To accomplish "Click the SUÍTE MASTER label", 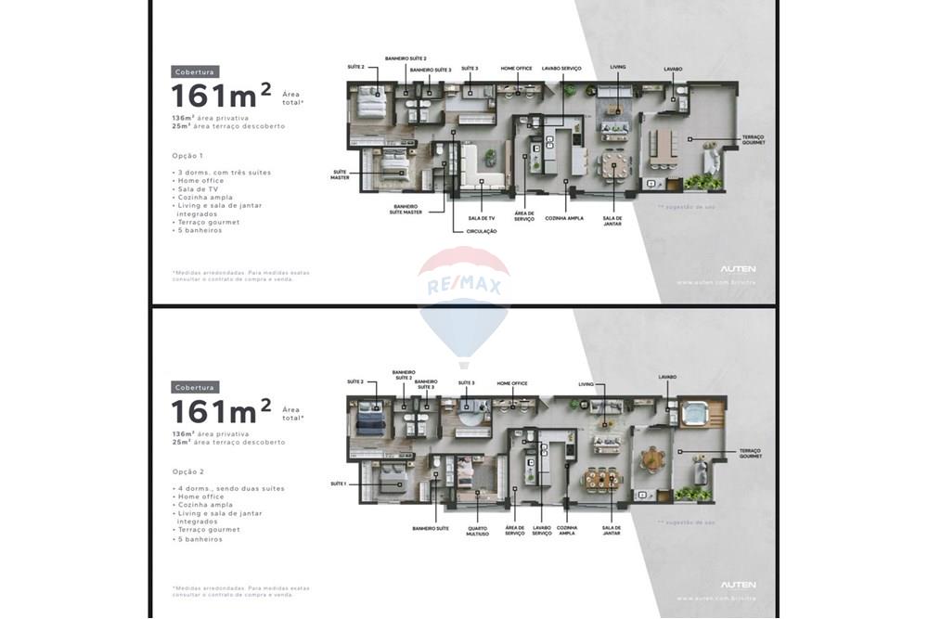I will point(341,174).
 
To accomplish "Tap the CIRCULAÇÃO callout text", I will point(481,231).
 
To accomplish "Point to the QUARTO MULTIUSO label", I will point(477,531).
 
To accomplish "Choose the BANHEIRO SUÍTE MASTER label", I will point(406,209).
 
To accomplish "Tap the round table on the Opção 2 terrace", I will point(654,458).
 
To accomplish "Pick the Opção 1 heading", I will point(187,156).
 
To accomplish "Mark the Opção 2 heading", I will point(187,471).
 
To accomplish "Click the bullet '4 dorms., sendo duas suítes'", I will point(230,488).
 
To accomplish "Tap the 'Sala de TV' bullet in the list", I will point(201,188).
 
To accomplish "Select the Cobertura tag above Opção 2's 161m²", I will point(195,387).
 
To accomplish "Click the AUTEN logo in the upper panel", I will point(738,268).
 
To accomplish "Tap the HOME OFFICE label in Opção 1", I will point(516,68).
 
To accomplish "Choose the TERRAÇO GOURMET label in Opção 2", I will point(751,454).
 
